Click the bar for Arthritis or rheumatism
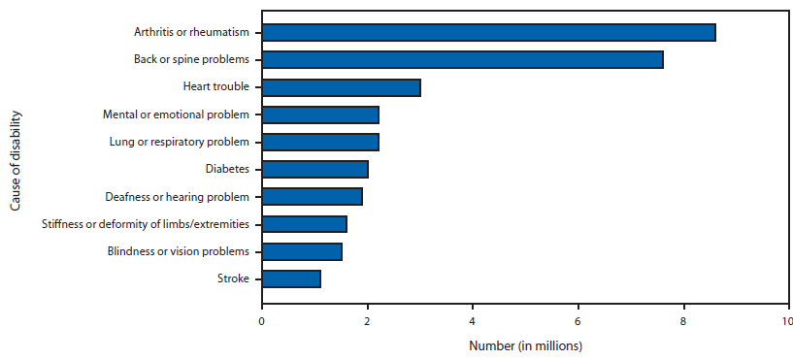pos(488,32)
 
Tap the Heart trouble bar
pos(341,87)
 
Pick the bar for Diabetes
pos(314,169)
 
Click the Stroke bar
pos(291,278)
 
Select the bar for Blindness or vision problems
pos(302,251)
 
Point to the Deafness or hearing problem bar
pos(312,196)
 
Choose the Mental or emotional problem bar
pos(319,115)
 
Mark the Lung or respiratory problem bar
pos(319,142)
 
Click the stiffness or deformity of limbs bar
pos(304,224)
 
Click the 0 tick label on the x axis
pos(262,320)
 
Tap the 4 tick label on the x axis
pos(473,320)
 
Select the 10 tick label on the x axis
pos(785,320)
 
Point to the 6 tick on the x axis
pos(578,320)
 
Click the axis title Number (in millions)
pos(525,344)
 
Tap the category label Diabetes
pos(227,169)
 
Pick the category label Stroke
pos(233,278)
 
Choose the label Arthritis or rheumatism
pos(191,32)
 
